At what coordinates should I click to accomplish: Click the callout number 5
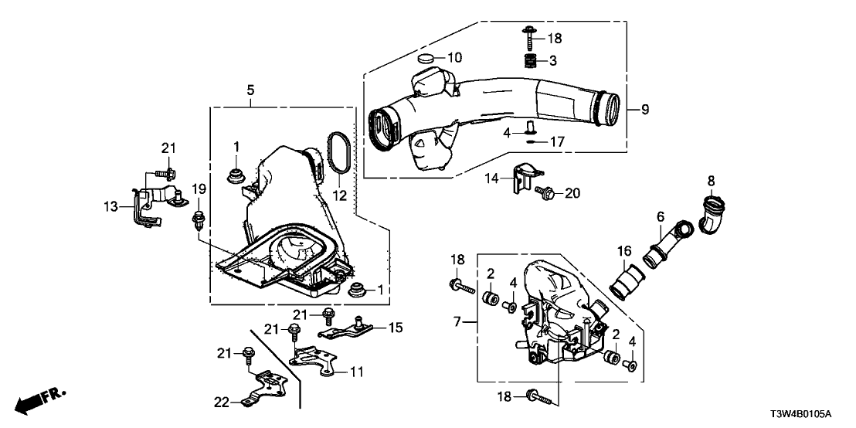point(250,91)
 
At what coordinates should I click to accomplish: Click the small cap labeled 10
point(426,59)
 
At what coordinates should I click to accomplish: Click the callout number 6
point(661,219)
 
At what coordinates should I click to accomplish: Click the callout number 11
point(356,372)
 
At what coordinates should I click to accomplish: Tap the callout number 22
point(223,401)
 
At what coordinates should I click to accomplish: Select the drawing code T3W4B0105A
point(810,414)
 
